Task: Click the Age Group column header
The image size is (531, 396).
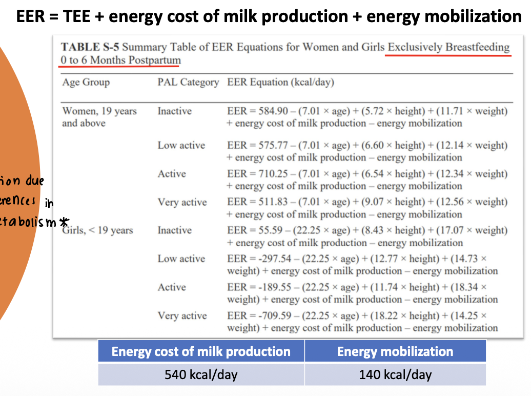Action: [86, 82]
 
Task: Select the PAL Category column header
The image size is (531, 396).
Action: [188, 82]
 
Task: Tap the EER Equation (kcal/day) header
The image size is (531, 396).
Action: [280, 82]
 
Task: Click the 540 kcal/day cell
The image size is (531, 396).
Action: [201, 374]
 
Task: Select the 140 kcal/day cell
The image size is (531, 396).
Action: [395, 374]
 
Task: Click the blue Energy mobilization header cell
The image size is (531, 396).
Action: [395, 351]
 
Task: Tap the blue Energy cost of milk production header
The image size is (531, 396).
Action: [201, 351]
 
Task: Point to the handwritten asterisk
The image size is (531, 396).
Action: [64, 223]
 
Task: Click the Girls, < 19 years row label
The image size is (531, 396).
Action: [97, 231]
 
